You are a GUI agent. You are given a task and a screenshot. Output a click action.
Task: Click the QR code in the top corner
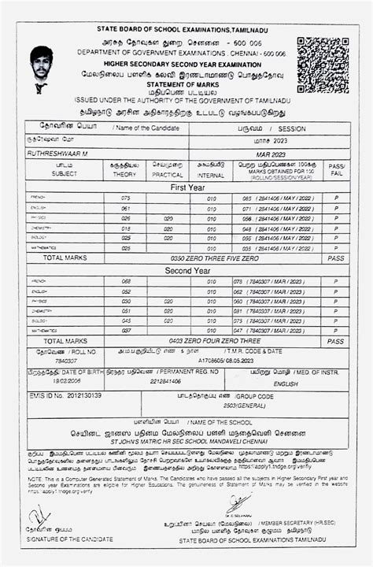[323, 63]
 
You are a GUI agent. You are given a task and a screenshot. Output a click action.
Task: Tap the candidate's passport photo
[42, 69]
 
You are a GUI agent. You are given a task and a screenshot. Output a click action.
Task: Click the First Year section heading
[186, 187]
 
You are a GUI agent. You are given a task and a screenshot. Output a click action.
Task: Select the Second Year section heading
[186, 270]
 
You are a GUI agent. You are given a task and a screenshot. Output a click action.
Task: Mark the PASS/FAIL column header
[336, 170]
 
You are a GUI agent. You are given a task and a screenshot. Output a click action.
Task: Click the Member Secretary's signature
[236, 504]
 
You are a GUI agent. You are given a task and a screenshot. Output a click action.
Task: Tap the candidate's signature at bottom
[39, 516]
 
